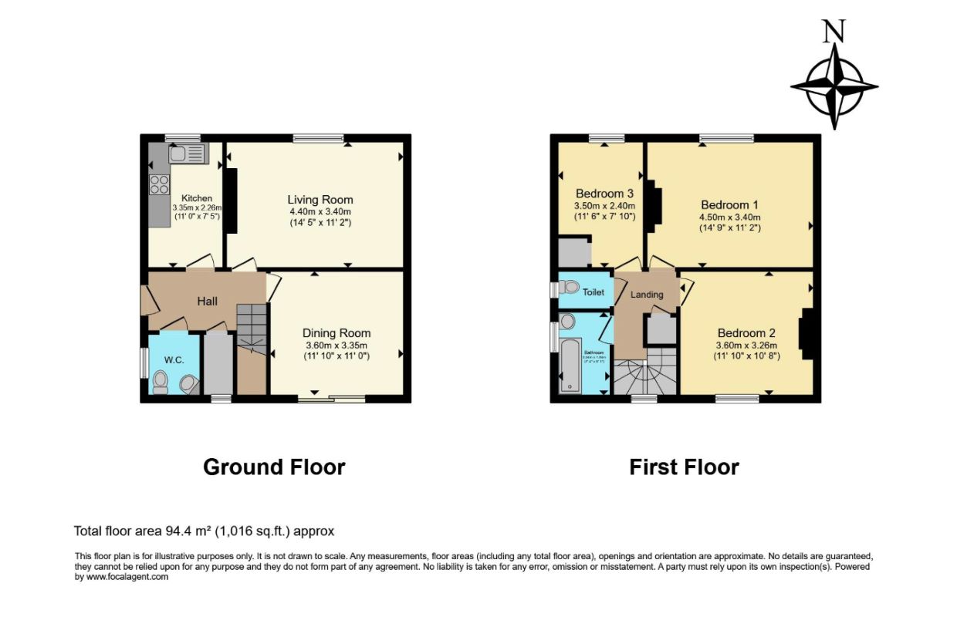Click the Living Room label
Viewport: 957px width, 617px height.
(320, 200)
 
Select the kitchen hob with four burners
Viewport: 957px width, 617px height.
(159, 184)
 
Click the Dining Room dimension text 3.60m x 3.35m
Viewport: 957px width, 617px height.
(336, 346)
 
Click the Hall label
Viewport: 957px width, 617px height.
(206, 301)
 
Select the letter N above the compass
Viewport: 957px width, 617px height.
(833, 32)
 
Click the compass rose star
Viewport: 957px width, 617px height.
(834, 86)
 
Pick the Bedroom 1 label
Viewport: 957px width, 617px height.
(729, 205)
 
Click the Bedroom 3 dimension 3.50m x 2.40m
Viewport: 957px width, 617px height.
(604, 206)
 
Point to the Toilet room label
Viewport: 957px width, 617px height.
(593, 292)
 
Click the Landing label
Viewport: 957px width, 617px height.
(647, 295)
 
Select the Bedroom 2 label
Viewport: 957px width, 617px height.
(746, 333)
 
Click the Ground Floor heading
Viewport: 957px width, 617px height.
(274, 467)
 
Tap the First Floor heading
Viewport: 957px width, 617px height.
(684, 467)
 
